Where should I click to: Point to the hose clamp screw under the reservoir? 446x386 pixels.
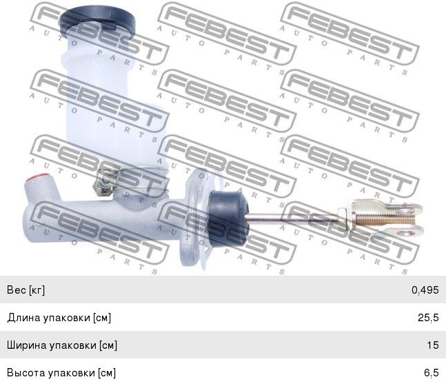pyautogui.click(x=103, y=184)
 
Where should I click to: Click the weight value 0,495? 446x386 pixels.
pyautogui.click(x=425, y=290)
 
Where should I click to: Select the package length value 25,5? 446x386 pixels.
pyautogui.click(x=428, y=318)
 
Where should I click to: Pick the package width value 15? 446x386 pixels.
pyautogui.click(x=433, y=345)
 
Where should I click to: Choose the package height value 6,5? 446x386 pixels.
pyautogui.click(x=432, y=373)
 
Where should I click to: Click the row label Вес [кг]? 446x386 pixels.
pyautogui.click(x=26, y=290)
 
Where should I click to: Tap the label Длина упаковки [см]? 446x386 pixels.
pyautogui.click(x=59, y=318)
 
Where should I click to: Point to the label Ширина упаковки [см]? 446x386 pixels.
pyautogui.click(x=62, y=345)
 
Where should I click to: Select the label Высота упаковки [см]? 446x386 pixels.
pyautogui.click(x=61, y=373)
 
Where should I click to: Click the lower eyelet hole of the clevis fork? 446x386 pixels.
pyautogui.click(x=410, y=233)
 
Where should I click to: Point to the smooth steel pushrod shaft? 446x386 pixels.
pyautogui.click(x=293, y=217)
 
